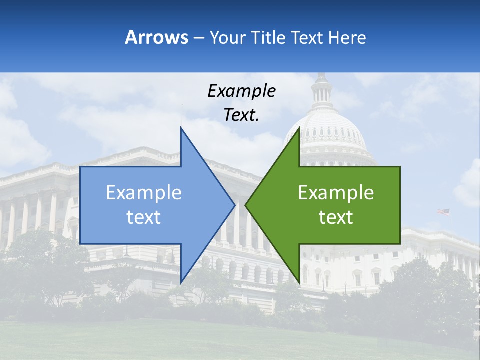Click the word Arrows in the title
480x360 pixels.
coord(156,37)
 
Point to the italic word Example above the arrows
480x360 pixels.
coord(241,91)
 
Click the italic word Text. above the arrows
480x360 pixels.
coord(241,115)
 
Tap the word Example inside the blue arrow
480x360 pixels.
coord(144,193)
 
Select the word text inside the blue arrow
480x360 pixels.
coord(144,217)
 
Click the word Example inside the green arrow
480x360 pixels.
coord(336,193)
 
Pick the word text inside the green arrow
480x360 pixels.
coord(336,217)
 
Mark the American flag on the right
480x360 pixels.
coord(443,212)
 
